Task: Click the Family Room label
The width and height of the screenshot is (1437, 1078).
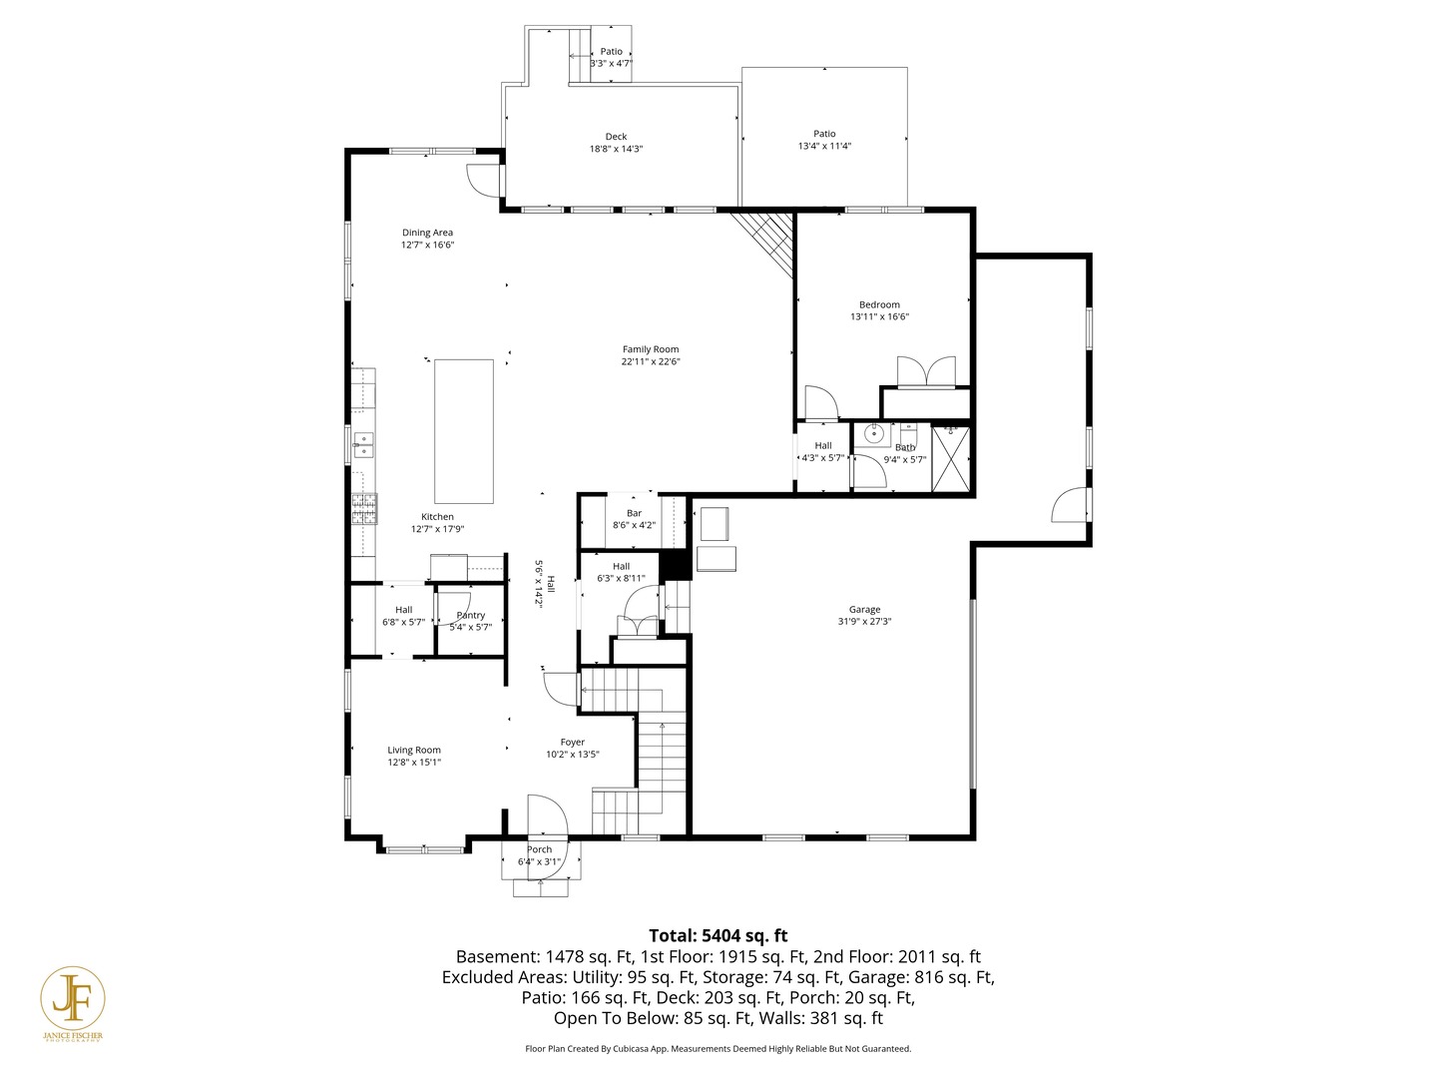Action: pyautogui.click(x=651, y=349)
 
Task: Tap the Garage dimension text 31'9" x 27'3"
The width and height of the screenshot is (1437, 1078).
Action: pyautogui.click(x=864, y=621)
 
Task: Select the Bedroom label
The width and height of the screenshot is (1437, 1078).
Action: pyautogui.click(x=879, y=304)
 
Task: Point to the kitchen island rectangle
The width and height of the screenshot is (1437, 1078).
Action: pyautogui.click(x=464, y=431)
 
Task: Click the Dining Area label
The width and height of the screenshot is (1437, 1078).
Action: pyautogui.click(x=427, y=233)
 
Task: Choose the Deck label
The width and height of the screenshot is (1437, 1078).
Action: pyautogui.click(x=616, y=137)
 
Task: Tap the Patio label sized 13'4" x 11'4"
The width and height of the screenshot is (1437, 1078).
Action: pyautogui.click(x=824, y=134)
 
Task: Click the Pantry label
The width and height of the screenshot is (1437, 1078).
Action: pyautogui.click(x=470, y=615)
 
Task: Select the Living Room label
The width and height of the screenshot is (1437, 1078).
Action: pyautogui.click(x=414, y=750)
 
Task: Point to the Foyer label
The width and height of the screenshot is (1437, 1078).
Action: pyautogui.click(x=573, y=742)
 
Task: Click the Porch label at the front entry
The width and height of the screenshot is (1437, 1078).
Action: pyautogui.click(x=539, y=849)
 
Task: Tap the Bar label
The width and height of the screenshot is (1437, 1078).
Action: pyautogui.click(x=634, y=513)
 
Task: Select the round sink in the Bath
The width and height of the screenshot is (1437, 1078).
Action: pyautogui.click(x=874, y=433)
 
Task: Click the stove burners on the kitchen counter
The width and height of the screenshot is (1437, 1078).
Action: pyautogui.click(x=364, y=509)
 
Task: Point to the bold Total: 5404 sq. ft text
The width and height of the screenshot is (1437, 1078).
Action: pyautogui.click(x=718, y=935)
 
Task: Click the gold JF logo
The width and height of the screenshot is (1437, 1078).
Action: pyautogui.click(x=73, y=998)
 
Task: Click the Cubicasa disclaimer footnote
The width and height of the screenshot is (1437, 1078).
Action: pyautogui.click(x=718, y=1048)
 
